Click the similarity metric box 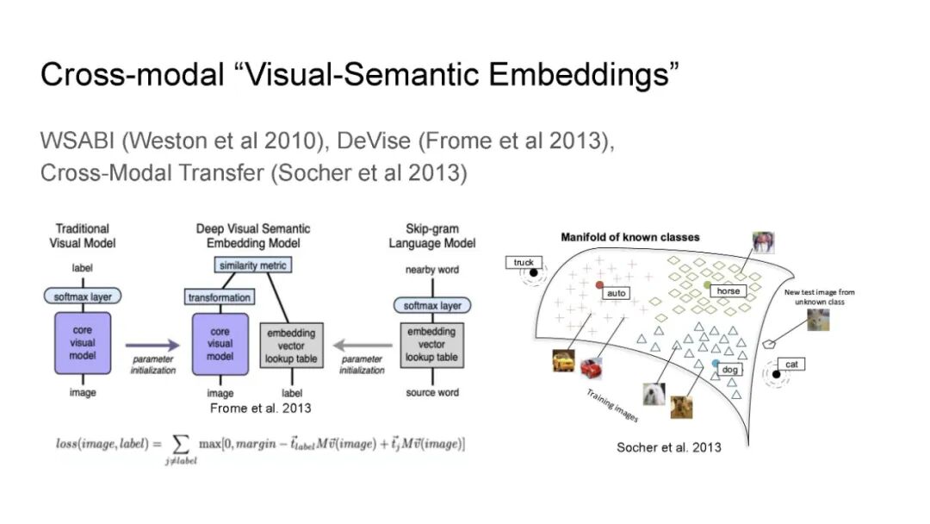click(252, 265)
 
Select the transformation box click(220, 297)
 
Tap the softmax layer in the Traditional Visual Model click(83, 296)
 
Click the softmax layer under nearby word click(432, 306)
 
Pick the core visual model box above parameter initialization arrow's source click(83, 343)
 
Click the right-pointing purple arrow click(152, 345)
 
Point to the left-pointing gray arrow click(363, 345)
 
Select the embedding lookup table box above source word click(431, 345)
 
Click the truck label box click(524, 262)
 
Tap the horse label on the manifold click(728, 290)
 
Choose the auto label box click(617, 293)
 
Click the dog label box click(729, 369)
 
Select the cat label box click(791, 364)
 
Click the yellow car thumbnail click(563, 361)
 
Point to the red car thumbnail click(591, 369)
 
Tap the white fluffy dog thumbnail click(654, 395)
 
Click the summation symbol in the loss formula click(180, 444)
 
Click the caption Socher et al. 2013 click(669, 447)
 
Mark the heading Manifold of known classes click(629, 237)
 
